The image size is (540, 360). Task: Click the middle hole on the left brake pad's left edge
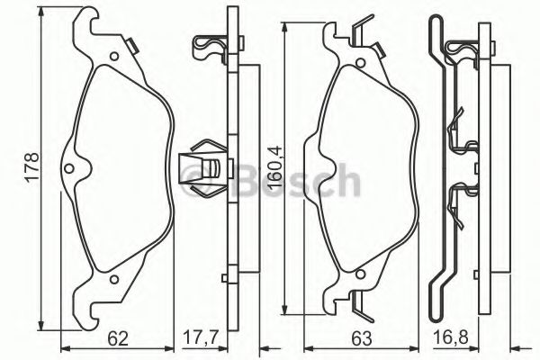pos(71,167)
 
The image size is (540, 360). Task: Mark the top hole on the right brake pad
pos(355,58)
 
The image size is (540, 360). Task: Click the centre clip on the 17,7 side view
pos(202,168)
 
